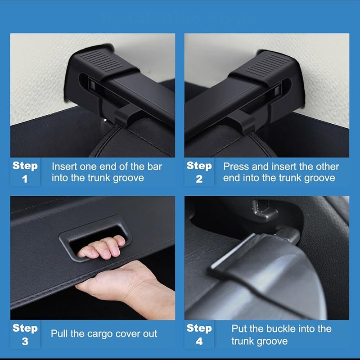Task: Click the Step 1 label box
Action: tap(25, 172)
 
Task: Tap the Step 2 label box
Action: tap(199, 172)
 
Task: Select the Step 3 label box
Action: tap(25, 334)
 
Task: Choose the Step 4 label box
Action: tap(199, 334)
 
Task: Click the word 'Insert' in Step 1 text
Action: tap(66, 166)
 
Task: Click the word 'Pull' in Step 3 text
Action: tap(60, 334)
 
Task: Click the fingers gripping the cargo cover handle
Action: tap(101, 247)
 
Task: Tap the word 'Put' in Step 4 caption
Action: tap(240, 329)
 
